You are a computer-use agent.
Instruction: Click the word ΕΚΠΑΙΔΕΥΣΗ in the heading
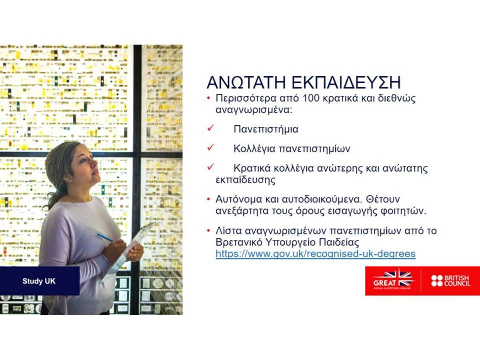(346, 82)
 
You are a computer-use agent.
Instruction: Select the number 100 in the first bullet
(312, 98)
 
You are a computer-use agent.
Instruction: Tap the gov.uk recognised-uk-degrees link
(315, 254)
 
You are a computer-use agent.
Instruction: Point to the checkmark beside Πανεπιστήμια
(211, 128)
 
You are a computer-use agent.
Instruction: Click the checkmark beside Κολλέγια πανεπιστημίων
(211, 147)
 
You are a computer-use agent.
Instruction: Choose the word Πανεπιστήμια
(266, 129)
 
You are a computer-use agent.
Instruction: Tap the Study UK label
(39, 281)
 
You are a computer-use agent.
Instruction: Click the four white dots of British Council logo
(437, 281)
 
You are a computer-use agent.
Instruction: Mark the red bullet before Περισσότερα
(209, 98)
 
